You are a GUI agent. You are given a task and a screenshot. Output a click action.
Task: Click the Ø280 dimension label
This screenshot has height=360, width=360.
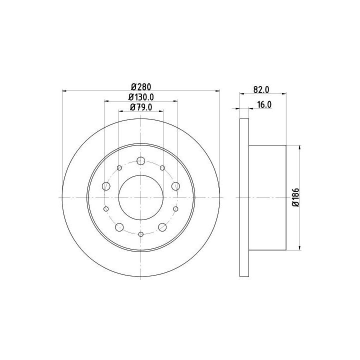pos(141,87)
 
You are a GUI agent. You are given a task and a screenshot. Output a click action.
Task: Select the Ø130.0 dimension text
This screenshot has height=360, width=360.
pos(141,97)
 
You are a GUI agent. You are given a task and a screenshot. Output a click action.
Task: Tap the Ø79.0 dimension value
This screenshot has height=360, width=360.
pos(141,107)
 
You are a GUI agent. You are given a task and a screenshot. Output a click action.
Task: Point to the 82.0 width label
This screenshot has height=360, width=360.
pos(261,89)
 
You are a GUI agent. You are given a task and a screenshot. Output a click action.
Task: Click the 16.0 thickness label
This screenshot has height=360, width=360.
pos(264,104)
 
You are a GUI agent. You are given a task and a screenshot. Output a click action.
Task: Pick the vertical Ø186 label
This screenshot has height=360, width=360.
pos(296,197)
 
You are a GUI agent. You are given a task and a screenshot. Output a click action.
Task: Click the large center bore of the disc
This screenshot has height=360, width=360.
pos(141,197)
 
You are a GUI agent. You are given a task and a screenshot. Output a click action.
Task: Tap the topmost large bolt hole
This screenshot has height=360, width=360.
pos(140,161)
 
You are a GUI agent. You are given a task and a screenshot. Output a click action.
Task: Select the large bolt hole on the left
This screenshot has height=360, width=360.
pos(106,186)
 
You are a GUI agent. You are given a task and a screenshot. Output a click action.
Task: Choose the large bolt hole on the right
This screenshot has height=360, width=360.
pos(175,186)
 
